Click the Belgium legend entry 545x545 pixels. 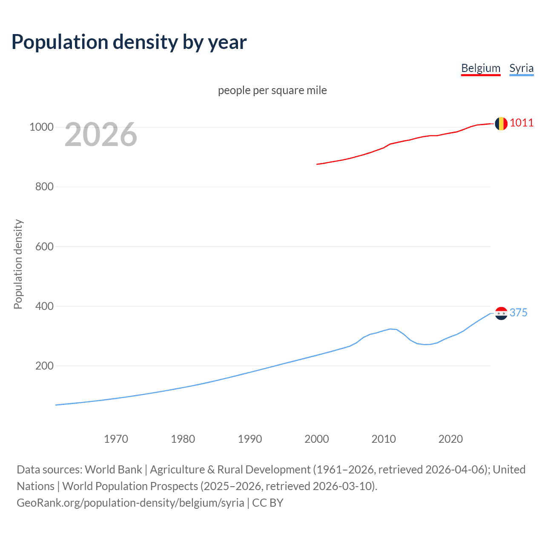[x=481, y=68]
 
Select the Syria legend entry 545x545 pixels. [x=521, y=68]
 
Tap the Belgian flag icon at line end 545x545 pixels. [x=501, y=123]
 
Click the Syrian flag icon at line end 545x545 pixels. [x=501, y=313]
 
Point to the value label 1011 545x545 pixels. [x=522, y=123]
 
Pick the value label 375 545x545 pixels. [x=518, y=313]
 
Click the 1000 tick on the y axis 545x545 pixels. [x=41, y=127]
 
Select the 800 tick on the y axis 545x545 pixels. [x=44, y=186]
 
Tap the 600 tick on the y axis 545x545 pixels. [x=44, y=247]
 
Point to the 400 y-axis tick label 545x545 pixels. [x=44, y=306]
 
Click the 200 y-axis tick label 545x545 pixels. [x=44, y=366]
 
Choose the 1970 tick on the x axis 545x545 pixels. [x=116, y=439]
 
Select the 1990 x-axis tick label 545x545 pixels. [x=250, y=439]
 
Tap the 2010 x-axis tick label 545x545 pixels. [x=384, y=439]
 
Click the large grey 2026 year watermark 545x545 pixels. [x=101, y=135]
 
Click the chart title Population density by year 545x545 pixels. [x=129, y=42]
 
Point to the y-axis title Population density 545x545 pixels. [x=18, y=264]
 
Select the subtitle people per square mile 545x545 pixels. [x=272, y=90]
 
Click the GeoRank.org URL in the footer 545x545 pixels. [x=130, y=503]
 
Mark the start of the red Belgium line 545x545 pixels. [x=317, y=164]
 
